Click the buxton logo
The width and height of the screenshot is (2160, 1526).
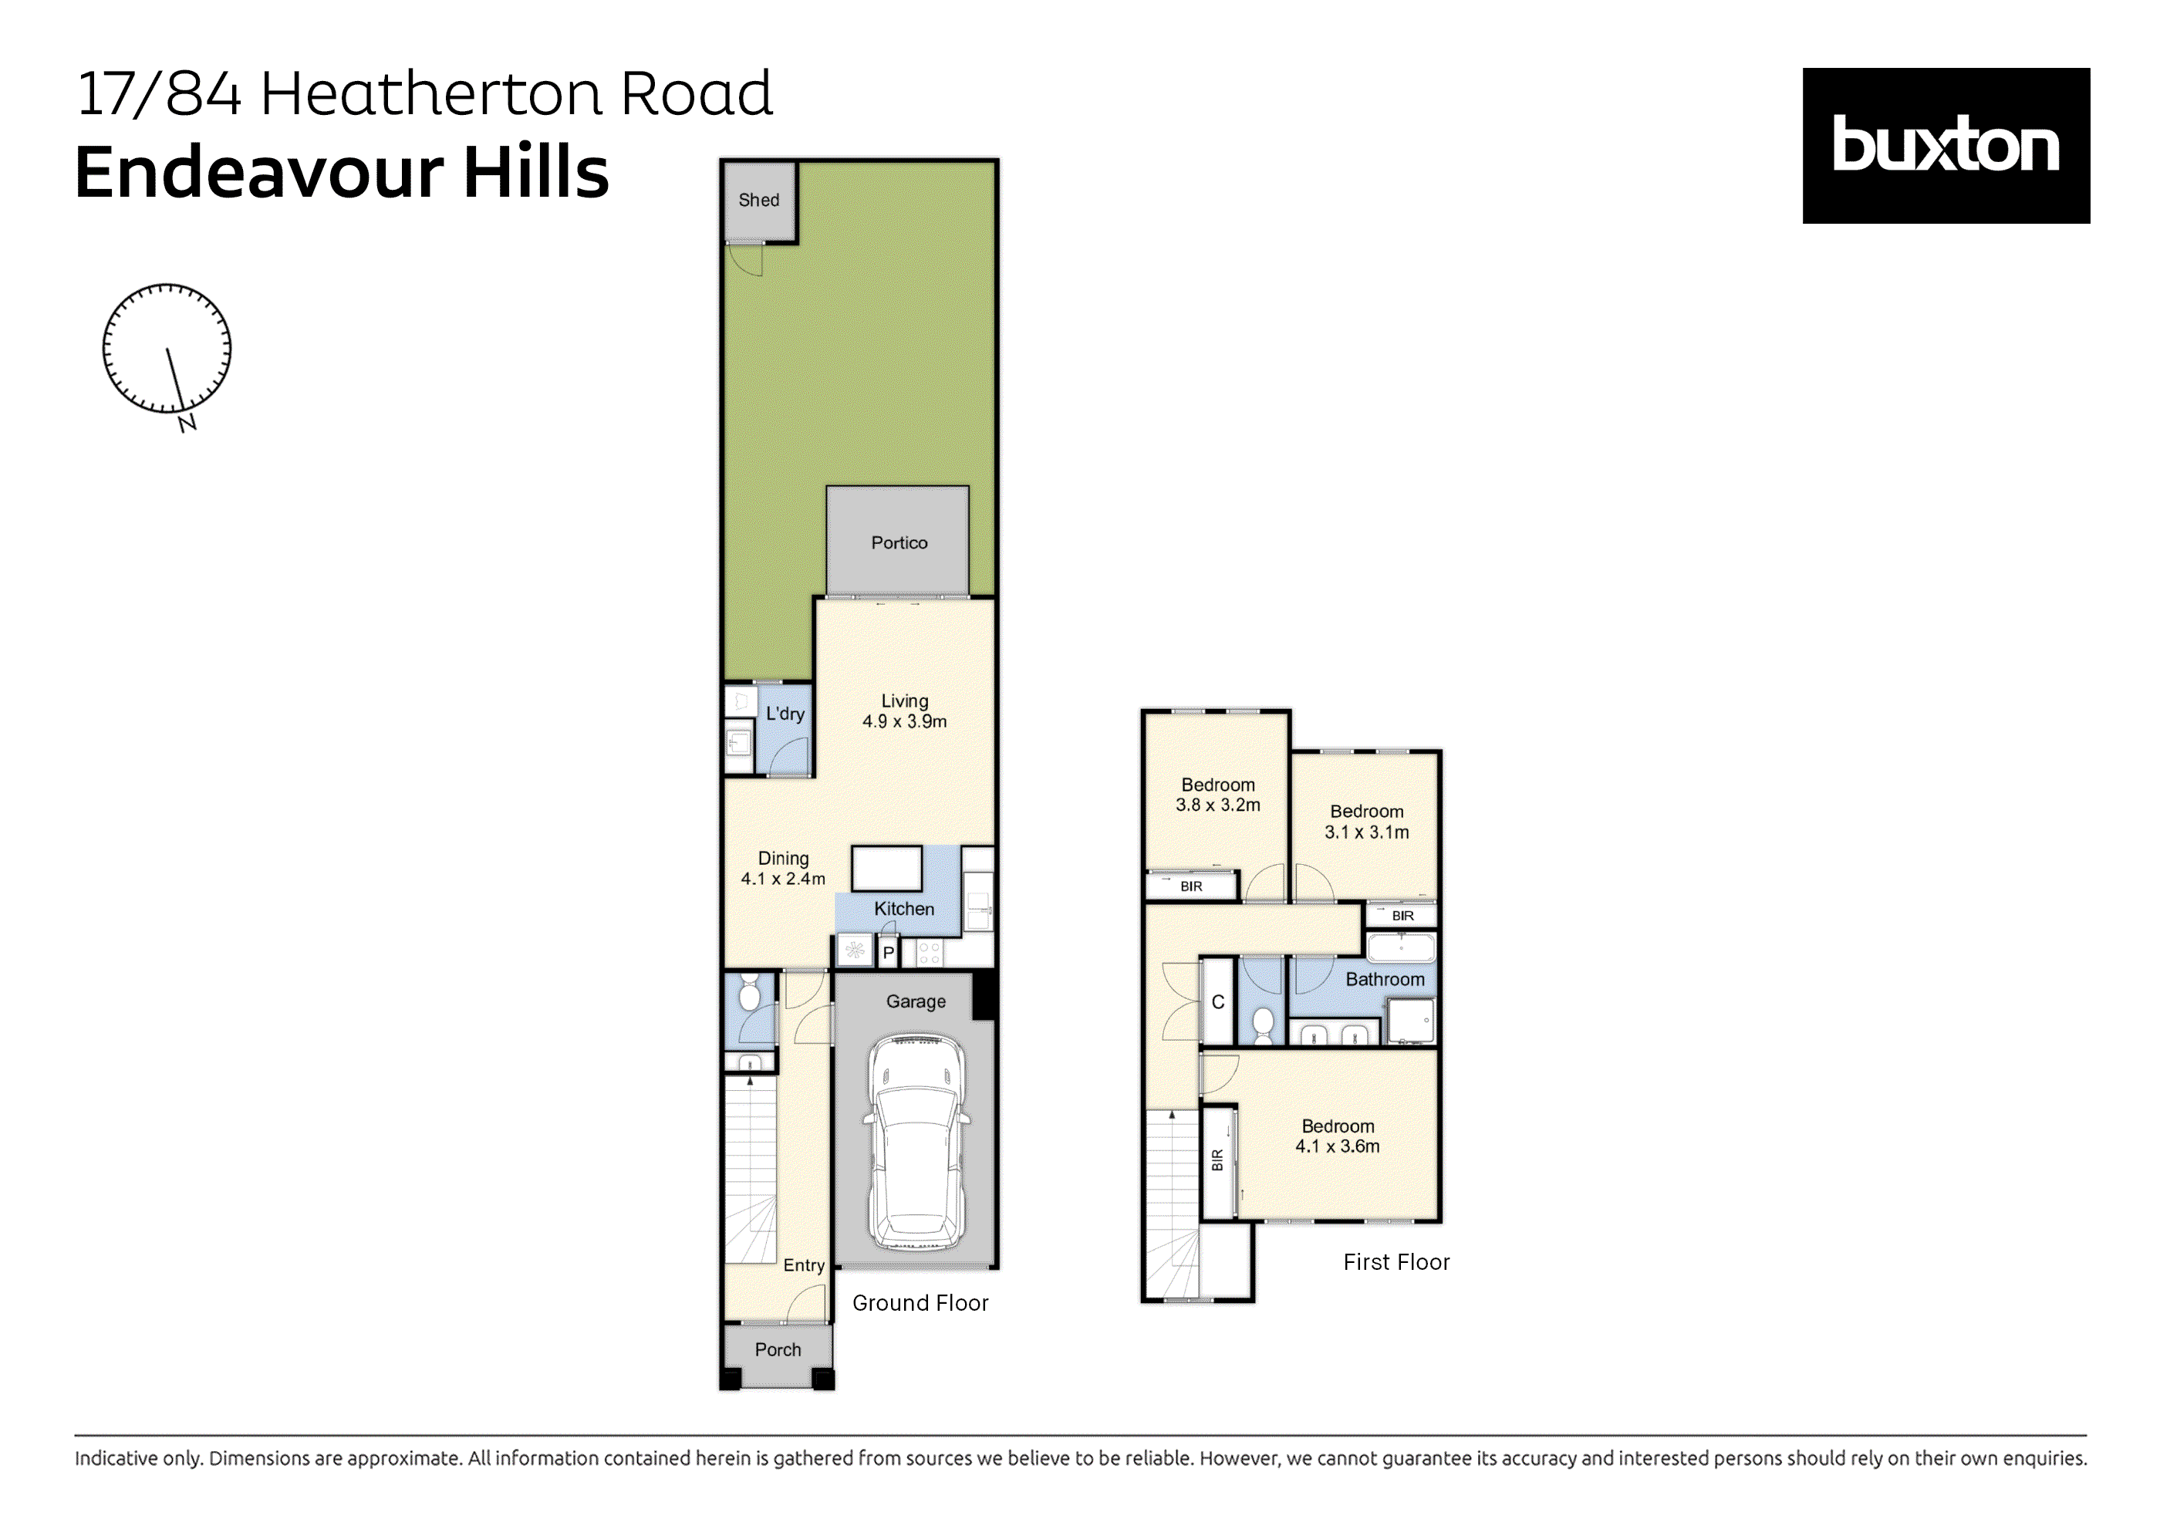coord(1945,145)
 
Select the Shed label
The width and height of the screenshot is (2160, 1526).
coord(758,200)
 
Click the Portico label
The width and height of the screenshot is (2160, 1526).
coord(899,543)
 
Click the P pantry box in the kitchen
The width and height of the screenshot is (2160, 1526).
coord(887,953)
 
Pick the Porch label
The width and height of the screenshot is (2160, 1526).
coord(777,1349)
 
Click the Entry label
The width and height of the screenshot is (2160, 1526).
coord(803,1265)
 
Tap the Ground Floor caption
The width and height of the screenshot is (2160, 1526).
coord(919,1303)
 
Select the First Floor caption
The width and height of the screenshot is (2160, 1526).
coord(1396,1261)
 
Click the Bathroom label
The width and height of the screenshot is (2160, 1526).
coord(1384,979)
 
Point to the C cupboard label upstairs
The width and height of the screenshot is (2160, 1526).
coord(1217,1002)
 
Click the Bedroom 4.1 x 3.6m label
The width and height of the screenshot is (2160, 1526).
coord(1337,1136)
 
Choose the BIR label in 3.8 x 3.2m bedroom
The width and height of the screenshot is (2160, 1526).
coord(1191,886)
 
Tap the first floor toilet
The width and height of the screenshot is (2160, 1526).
coord(1263,1025)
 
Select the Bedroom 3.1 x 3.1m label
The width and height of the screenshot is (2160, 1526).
coord(1366,822)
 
